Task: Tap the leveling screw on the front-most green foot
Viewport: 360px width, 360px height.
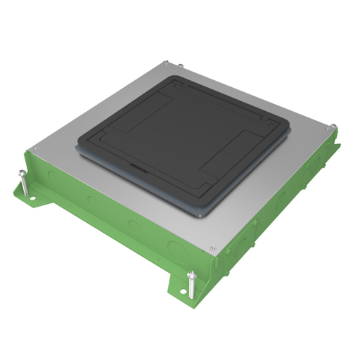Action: pyautogui.click(x=191, y=283)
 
